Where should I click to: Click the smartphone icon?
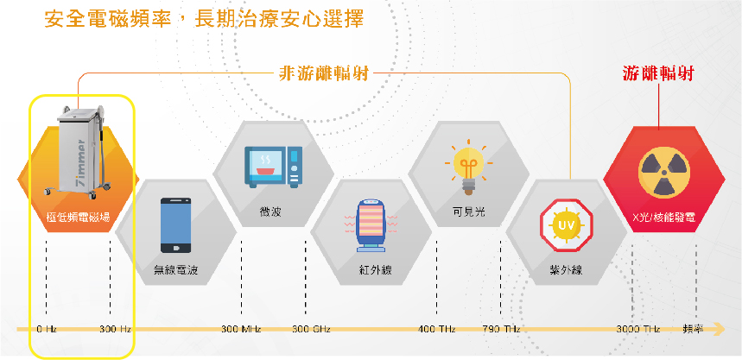(176, 225)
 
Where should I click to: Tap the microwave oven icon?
(273, 165)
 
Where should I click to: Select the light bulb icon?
(468, 167)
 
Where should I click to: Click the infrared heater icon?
(371, 227)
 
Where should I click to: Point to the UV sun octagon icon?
(567, 224)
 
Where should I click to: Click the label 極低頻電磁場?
(78, 218)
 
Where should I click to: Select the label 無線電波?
(175, 270)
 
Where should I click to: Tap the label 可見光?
(468, 212)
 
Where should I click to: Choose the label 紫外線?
(566, 270)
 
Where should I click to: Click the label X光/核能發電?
(664, 218)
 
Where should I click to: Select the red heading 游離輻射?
(657, 74)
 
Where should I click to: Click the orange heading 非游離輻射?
(323, 74)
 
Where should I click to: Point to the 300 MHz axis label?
(241, 329)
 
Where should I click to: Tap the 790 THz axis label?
(501, 329)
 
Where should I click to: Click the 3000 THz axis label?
(638, 329)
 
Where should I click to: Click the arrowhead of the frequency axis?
(720, 328)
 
